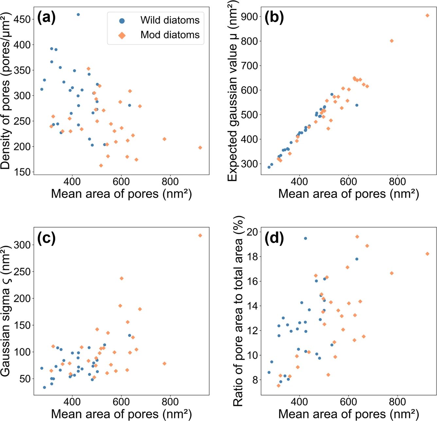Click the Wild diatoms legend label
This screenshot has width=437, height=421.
point(170,20)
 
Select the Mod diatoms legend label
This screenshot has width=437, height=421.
point(170,35)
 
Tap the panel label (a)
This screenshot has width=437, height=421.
point(47,18)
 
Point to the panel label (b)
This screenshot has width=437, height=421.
point(274,18)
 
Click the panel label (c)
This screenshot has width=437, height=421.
point(47,238)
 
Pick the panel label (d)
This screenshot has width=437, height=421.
point(274,238)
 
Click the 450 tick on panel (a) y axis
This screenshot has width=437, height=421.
point(22,19)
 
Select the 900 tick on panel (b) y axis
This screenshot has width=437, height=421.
point(250,16)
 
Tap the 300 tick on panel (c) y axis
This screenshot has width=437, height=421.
point(22,245)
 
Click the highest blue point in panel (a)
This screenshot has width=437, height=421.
point(78,15)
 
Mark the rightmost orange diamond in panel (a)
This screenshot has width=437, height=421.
point(200,148)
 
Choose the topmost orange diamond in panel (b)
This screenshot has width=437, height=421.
point(427,15)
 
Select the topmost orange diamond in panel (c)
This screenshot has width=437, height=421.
point(200,236)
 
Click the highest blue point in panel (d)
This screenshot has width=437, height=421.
point(306,238)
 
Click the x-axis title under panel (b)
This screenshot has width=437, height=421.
point(348,194)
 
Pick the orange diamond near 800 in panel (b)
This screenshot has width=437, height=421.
point(392,41)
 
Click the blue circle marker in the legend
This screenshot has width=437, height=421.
point(122,21)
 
